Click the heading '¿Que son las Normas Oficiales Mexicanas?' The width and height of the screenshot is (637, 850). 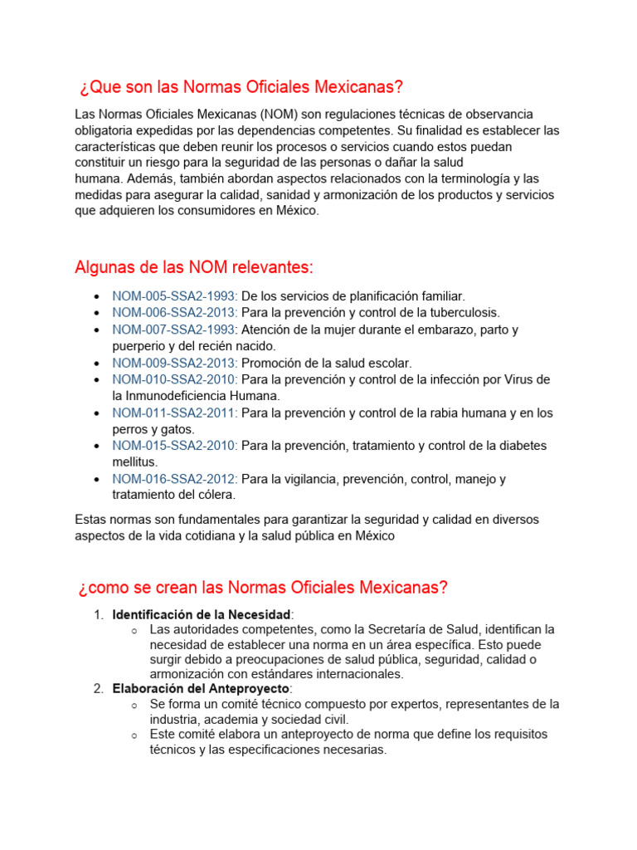(x=241, y=88)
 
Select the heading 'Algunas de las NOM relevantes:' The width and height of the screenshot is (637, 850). (x=194, y=266)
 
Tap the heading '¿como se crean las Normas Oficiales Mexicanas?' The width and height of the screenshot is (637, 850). (x=263, y=588)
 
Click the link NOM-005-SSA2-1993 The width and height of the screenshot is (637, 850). (x=175, y=296)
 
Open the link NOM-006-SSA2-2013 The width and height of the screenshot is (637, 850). (x=175, y=313)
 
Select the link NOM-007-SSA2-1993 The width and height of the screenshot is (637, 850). (x=175, y=330)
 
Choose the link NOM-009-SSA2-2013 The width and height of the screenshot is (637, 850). (x=175, y=363)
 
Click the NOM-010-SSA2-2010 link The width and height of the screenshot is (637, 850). (x=175, y=379)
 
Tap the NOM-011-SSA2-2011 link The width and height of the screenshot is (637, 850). (x=175, y=413)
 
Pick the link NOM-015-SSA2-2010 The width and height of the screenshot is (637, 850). (x=175, y=446)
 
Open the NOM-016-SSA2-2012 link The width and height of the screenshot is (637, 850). (x=175, y=479)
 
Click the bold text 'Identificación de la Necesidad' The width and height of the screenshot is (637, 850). (x=202, y=614)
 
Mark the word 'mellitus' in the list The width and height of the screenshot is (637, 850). (x=135, y=462)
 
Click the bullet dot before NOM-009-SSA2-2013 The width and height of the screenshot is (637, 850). (x=98, y=363)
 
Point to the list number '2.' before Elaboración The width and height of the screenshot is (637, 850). (x=98, y=689)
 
